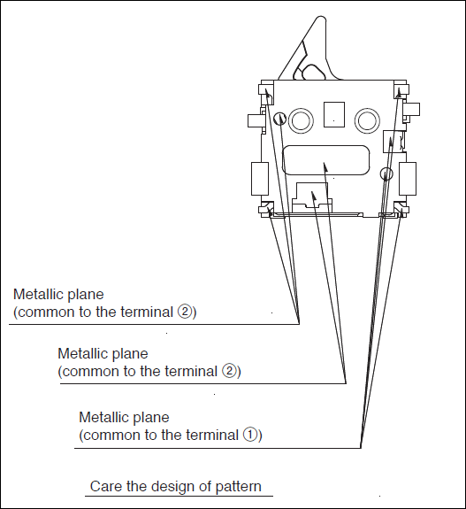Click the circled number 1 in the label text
pos(249,435)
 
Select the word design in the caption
pos(171,487)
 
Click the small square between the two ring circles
pos(334,114)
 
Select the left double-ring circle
pos(301,120)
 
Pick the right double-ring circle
pos(367,120)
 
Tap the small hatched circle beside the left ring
pos(279,119)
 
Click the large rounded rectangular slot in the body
pos(326,160)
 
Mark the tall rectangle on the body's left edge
pos(260,179)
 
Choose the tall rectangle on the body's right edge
pos(408,179)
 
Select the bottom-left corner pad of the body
pos(266,210)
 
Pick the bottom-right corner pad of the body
pos(401,210)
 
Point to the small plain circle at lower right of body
pos(386,173)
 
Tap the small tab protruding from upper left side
pos(255,120)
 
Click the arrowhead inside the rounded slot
pos(325,166)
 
